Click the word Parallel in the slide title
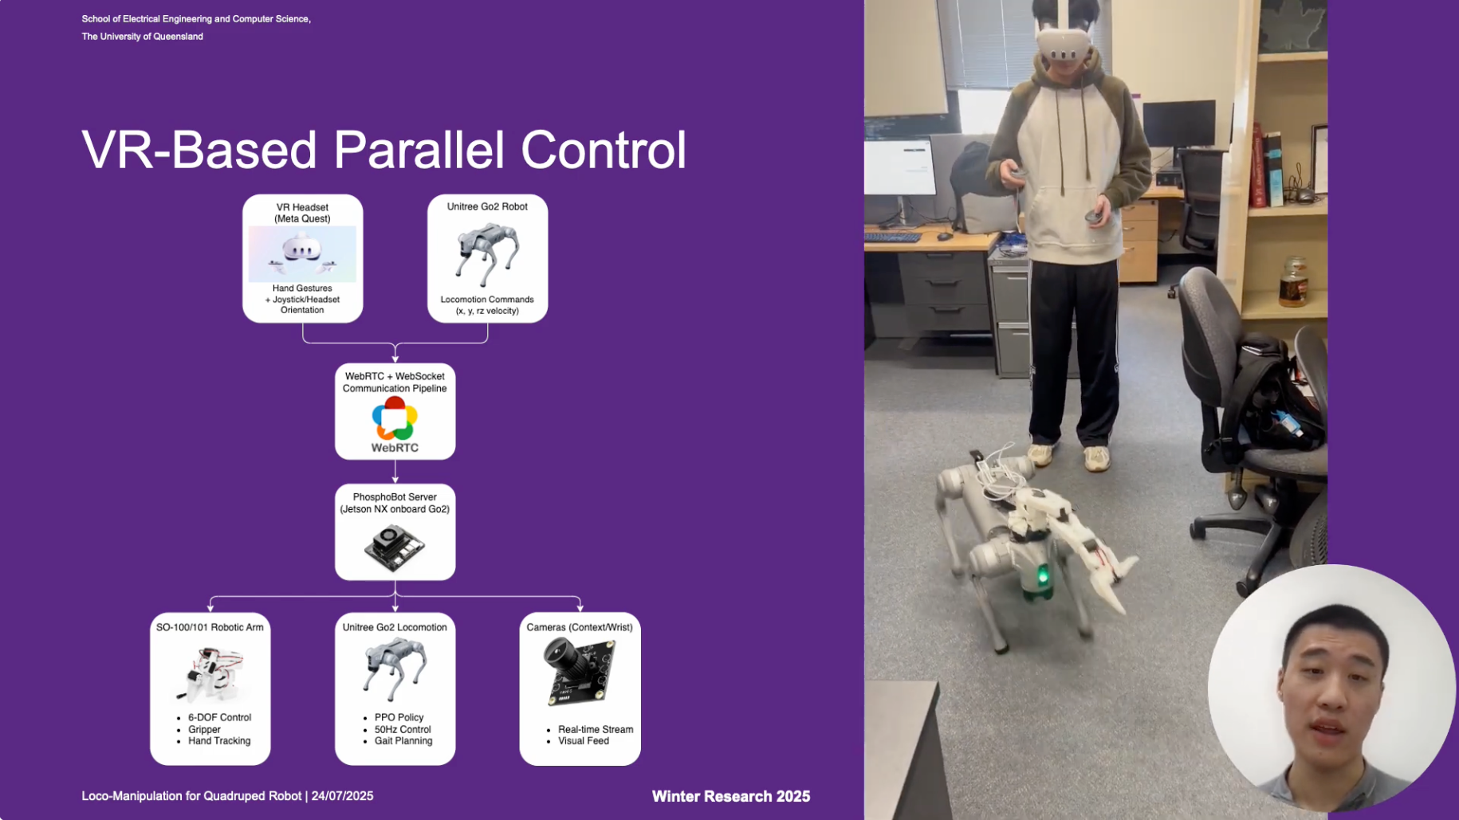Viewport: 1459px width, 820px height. [x=419, y=150]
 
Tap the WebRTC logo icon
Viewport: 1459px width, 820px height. [x=395, y=418]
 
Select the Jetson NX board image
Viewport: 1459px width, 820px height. [x=395, y=547]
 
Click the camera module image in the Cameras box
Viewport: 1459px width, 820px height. [x=580, y=671]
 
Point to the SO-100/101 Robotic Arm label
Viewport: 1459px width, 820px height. [x=210, y=627]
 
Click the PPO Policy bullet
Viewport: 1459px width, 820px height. [x=399, y=717]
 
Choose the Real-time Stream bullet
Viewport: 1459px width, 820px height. [x=596, y=729]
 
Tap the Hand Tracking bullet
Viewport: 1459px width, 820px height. [x=219, y=740]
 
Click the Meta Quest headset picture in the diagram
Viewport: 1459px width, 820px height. [x=302, y=254]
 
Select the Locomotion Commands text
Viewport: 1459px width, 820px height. [x=487, y=300]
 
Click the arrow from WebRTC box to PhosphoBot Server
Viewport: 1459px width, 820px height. [x=395, y=472]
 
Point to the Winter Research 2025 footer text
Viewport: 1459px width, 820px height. [x=731, y=796]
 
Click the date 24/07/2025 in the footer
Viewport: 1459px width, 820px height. [x=342, y=795]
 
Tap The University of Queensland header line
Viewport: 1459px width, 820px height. [x=142, y=37]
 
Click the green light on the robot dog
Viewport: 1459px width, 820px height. [x=1042, y=575]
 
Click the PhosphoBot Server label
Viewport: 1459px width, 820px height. [x=395, y=496]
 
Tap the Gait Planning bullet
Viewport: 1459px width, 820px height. [x=403, y=740]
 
